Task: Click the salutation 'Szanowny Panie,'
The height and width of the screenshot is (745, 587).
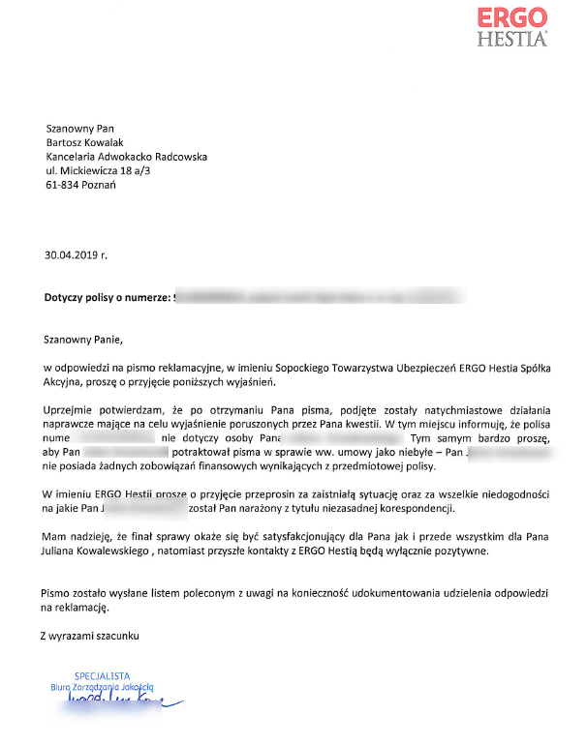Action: (x=84, y=340)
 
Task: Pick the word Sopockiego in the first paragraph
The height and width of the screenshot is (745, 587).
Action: (x=314, y=369)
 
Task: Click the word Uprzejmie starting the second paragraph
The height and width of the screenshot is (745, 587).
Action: (x=70, y=412)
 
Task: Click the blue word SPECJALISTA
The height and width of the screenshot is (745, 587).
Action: (x=102, y=675)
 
